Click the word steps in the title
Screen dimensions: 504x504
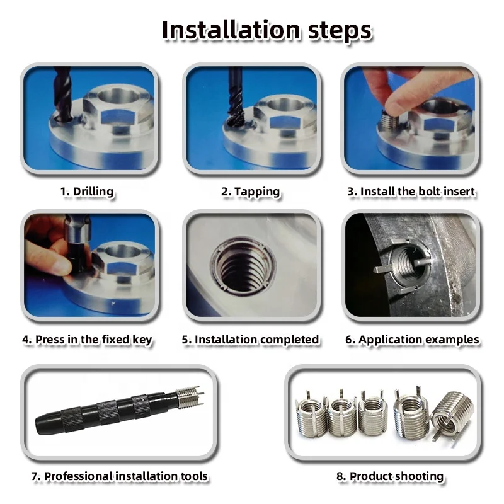click(x=338, y=30)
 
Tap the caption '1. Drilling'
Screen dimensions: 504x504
click(x=87, y=192)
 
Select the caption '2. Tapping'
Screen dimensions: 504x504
click(x=251, y=192)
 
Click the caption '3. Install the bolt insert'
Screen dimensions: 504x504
click(x=411, y=192)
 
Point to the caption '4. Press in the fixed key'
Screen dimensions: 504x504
click(x=87, y=340)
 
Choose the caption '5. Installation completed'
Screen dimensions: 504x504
click(x=251, y=340)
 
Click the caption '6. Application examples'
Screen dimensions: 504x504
click(x=412, y=340)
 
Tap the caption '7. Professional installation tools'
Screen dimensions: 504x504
click(x=120, y=476)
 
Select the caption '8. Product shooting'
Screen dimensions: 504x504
click(x=390, y=476)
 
